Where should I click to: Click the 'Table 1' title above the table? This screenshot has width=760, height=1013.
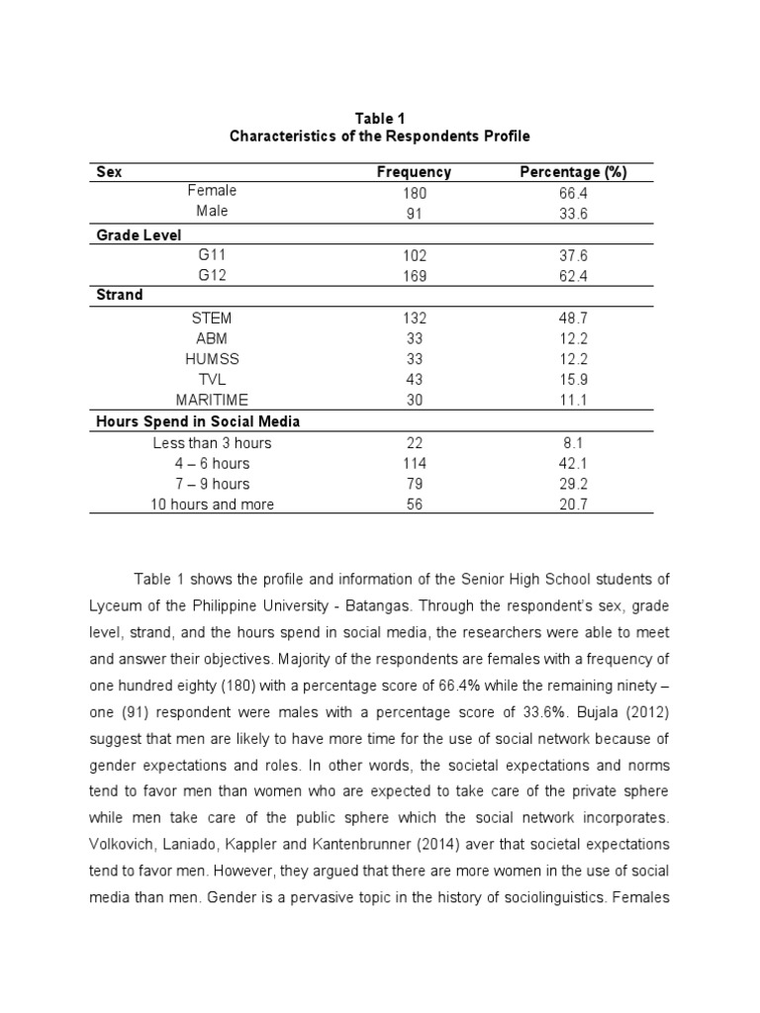(380, 119)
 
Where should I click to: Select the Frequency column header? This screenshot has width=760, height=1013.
(414, 172)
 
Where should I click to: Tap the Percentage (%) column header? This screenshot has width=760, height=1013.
(573, 172)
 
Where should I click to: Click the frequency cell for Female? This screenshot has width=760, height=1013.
(414, 194)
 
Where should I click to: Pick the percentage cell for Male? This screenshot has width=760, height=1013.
(573, 212)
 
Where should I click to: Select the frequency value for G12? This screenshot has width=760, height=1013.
(414, 277)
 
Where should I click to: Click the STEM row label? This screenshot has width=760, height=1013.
(212, 319)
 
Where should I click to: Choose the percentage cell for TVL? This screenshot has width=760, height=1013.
(573, 380)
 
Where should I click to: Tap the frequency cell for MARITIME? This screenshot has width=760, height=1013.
(414, 401)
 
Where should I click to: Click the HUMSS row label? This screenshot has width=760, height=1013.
(212, 359)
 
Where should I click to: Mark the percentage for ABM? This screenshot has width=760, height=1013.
(573, 339)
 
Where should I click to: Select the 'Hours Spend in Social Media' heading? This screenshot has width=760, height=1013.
(198, 421)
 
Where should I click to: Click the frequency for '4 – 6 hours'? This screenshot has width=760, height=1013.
(414, 464)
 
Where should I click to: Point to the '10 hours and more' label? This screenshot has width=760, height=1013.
(212, 505)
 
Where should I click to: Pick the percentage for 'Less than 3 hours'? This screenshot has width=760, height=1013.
(573, 443)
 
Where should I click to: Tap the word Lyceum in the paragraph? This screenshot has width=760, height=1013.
(117, 604)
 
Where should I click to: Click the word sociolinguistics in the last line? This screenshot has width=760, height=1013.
(559, 898)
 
